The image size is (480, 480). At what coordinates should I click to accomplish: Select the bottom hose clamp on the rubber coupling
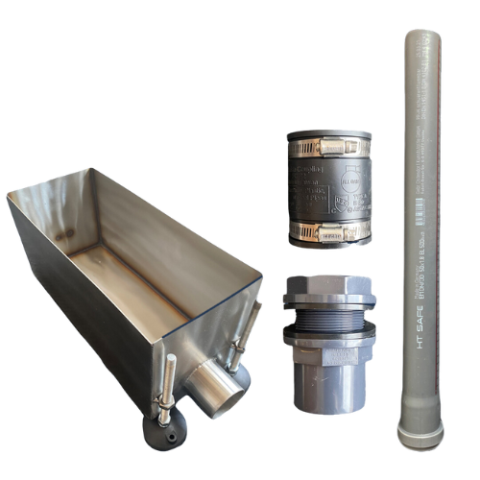click(x=326, y=230)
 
